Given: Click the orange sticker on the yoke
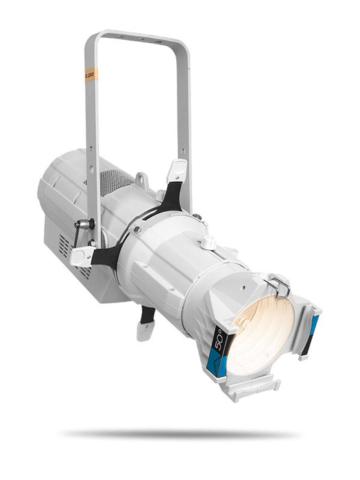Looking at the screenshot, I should pyautogui.click(x=90, y=75).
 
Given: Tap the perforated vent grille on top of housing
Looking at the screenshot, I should pyautogui.click(x=117, y=182).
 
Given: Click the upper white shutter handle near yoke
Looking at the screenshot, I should pyautogui.click(x=176, y=171).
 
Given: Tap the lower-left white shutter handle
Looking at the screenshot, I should pyautogui.click(x=82, y=255).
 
